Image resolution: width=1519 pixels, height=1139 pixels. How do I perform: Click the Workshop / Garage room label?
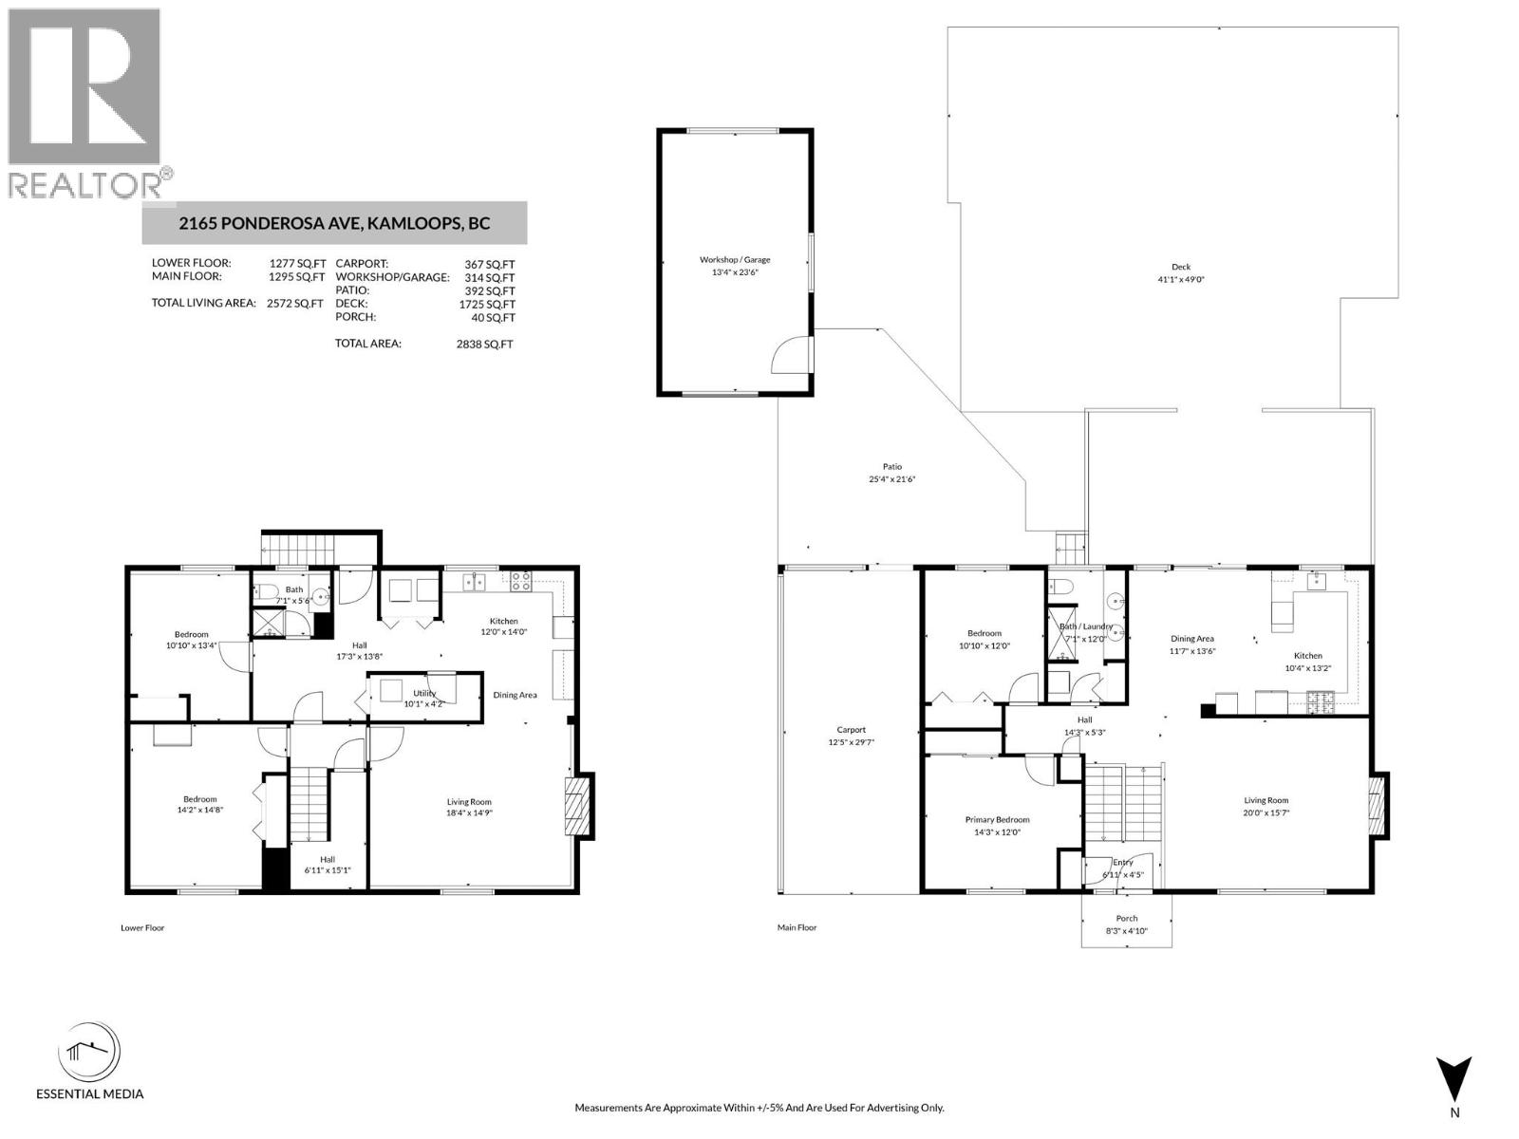point(735,259)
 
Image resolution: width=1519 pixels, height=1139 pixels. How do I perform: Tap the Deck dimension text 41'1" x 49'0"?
point(1180,280)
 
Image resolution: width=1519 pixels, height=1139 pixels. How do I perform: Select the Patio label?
point(891,466)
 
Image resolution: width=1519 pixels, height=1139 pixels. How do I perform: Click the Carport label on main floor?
point(852,730)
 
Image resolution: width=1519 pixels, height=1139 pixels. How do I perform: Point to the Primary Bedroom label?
point(997,819)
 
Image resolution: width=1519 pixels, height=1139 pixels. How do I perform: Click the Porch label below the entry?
point(1126,918)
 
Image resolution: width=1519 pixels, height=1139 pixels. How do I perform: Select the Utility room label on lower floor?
point(424,693)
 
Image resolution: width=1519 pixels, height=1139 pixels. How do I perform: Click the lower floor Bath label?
point(293,589)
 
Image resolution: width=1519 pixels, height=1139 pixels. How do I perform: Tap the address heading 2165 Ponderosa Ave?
point(334,224)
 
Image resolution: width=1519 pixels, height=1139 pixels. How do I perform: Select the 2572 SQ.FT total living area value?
point(295,304)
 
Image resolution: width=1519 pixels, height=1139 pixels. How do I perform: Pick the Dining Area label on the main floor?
point(1191,639)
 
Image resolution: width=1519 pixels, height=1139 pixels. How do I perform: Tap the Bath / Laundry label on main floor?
point(1085,626)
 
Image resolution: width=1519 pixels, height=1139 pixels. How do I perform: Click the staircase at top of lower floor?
point(299,550)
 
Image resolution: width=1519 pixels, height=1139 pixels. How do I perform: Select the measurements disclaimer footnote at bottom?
point(759,1108)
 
